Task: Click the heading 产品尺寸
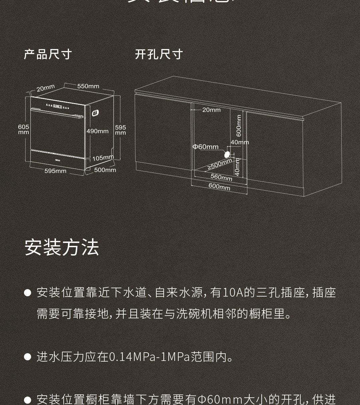tap(48, 54)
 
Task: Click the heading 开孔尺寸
tap(159, 54)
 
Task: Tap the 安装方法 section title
tap(62, 248)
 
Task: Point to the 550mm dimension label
tap(88, 86)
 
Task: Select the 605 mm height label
tap(23, 129)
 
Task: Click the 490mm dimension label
tap(97, 131)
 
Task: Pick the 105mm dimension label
tap(103, 158)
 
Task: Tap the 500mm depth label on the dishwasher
tap(105, 170)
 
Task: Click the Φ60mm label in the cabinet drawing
tap(206, 147)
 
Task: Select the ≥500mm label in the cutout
tap(220, 164)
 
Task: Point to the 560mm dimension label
tap(221, 177)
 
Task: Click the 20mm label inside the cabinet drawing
tap(211, 110)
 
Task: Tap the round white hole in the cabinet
tap(227, 154)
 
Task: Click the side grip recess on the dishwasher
tap(95, 113)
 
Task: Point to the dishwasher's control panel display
tap(57, 107)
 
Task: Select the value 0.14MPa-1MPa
tap(149, 357)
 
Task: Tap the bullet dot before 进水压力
tap(28, 357)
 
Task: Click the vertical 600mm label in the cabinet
tap(239, 126)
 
